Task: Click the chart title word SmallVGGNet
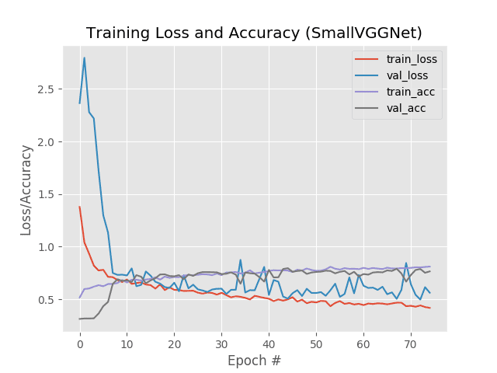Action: coord(367,33)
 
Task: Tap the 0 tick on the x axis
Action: coord(80,343)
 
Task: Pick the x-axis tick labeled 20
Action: coord(174,343)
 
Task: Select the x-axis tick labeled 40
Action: coord(269,343)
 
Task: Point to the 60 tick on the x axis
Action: coord(363,343)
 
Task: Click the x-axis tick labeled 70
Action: coord(411,343)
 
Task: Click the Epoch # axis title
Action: coord(255,361)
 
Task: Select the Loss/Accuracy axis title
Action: coord(26,190)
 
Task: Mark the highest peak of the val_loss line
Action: coord(85,58)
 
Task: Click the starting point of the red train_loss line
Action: coord(80,207)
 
